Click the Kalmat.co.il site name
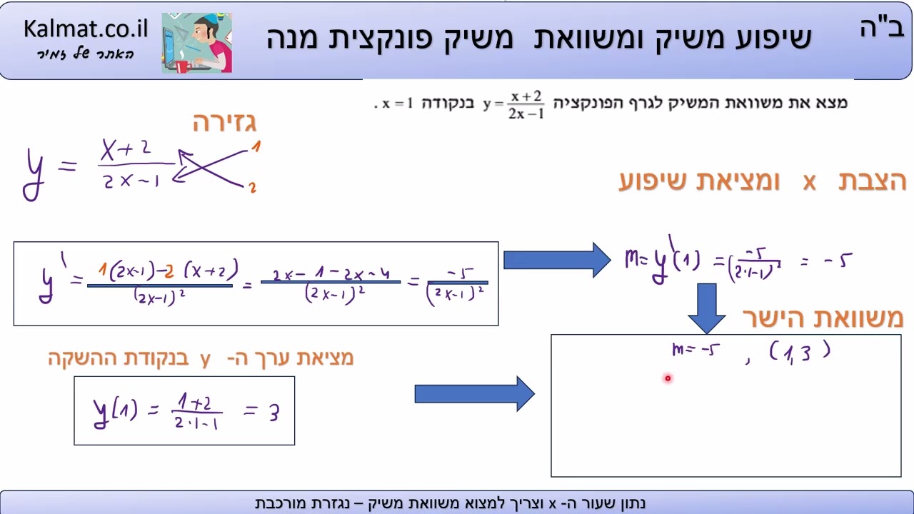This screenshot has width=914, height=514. [85, 29]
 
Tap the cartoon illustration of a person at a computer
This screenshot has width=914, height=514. [196, 43]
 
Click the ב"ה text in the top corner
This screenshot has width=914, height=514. [881, 29]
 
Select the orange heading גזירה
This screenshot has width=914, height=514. [224, 123]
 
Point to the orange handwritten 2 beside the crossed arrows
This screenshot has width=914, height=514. [253, 188]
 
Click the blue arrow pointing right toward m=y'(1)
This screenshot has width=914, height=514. [556, 260]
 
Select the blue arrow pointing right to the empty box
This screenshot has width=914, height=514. [474, 393]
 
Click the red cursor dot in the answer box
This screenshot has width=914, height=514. [668, 378]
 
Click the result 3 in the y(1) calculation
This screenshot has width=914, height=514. [274, 412]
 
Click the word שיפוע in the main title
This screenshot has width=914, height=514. [763, 38]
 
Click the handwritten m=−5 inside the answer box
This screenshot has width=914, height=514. [695, 350]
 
